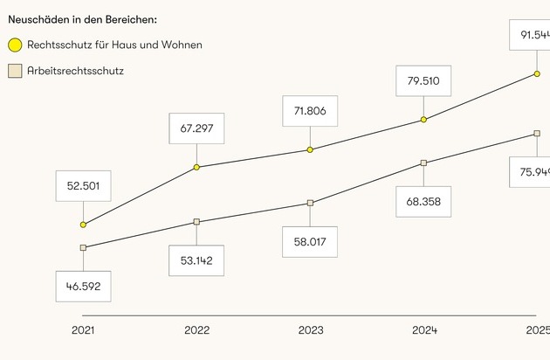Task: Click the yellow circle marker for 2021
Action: pyautogui.click(x=83, y=225)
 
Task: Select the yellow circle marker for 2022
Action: pyautogui.click(x=196, y=166)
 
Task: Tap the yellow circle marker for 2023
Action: pyautogui.click(x=310, y=149)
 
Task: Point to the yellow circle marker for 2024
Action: pyautogui.click(x=423, y=120)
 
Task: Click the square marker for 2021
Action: pyautogui.click(x=83, y=247)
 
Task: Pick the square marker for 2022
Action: pyautogui.click(x=196, y=222)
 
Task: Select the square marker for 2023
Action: pyautogui.click(x=310, y=203)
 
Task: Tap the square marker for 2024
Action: pyautogui.click(x=423, y=163)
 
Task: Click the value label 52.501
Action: pyautogui.click(x=83, y=185)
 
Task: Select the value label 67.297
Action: pyautogui.click(x=196, y=128)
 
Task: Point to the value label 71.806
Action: pyautogui.click(x=310, y=111)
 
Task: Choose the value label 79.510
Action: pyautogui.click(x=423, y=81)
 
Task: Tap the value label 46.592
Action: pyautogui.click(x=83, y=286)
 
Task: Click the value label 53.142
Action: pyautogui.click(x=196, y=260)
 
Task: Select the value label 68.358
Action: pyautogui.click(x=423, y=201)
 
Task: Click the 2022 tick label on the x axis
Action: pyautogui.click(x=196, y=330)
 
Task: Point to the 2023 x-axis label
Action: pyautogui.click(x=310, y=330)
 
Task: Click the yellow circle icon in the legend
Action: pyautogui.click(x=15, y=45)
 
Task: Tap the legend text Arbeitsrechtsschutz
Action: pyautogui.click(x=75, y=70)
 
